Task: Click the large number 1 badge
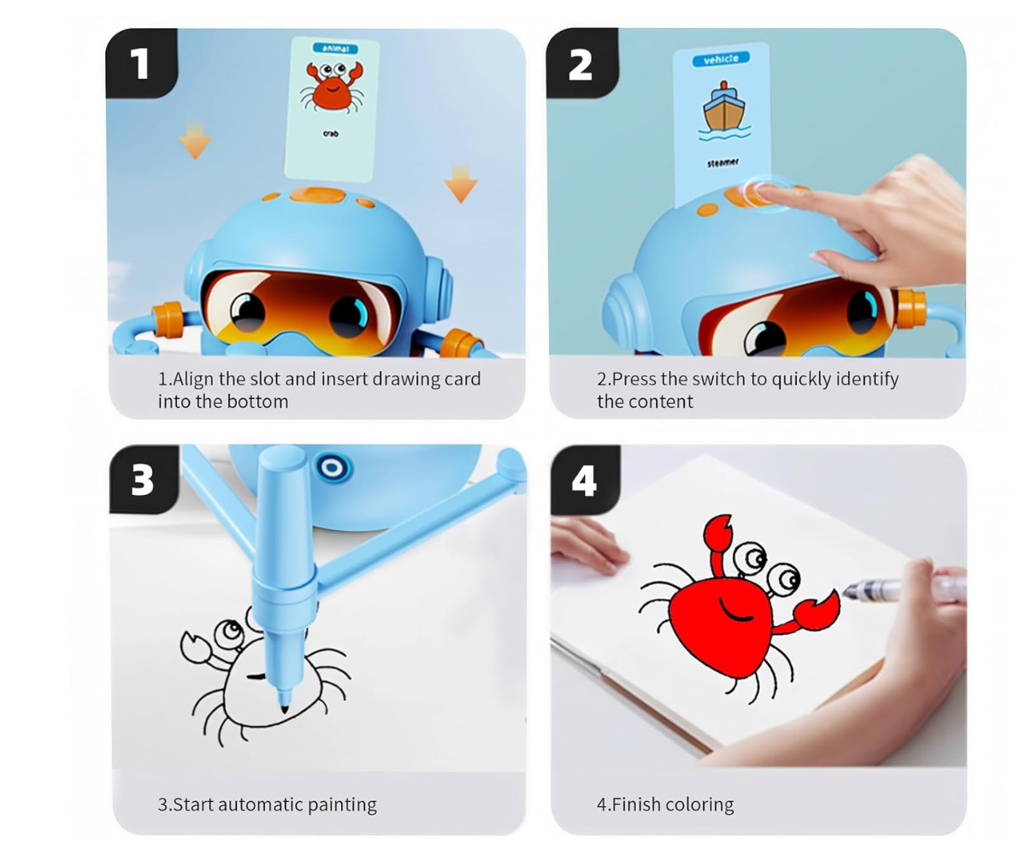click(x=142, y=63)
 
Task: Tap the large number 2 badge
click(x=581, y=63)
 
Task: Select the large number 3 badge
click(x=144, y=480)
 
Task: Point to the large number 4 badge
click(x=585, y=480)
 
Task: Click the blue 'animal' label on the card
click(x=335, y=48)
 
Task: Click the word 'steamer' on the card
click(x=722, y=162)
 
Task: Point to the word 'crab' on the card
click(x=331, y=133)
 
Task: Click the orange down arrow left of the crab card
click(x=195, y=139)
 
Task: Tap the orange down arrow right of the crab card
click(x=461, y=184)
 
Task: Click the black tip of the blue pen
click(x=285, y=709)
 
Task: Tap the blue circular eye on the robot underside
click(x=333, y=467)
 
